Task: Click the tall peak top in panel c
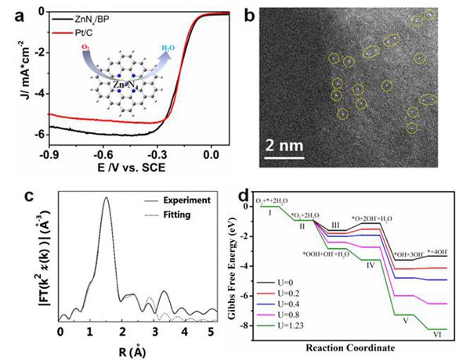coord(106,198)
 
